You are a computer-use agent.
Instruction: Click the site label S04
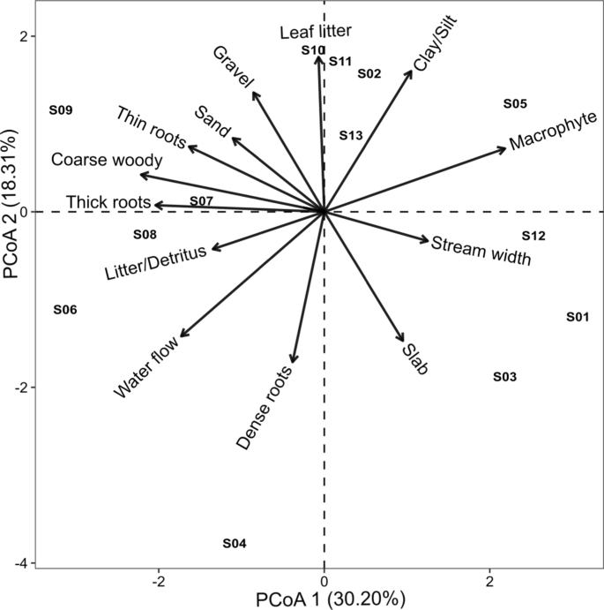pos(234,544)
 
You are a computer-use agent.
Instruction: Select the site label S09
pos(61,110)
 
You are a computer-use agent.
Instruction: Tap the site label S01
pos(578,317)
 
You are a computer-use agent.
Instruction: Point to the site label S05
pos(515,103)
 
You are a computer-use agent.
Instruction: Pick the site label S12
pos(533,236)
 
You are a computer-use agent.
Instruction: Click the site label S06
pos(65,310)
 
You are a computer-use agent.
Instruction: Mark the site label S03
pos(504,377)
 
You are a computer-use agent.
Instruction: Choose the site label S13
pos(351,135)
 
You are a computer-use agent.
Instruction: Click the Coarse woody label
pos(107,160)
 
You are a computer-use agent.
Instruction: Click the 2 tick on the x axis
pos(490,583)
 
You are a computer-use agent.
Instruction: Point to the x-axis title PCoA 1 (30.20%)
pos(331,599)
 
